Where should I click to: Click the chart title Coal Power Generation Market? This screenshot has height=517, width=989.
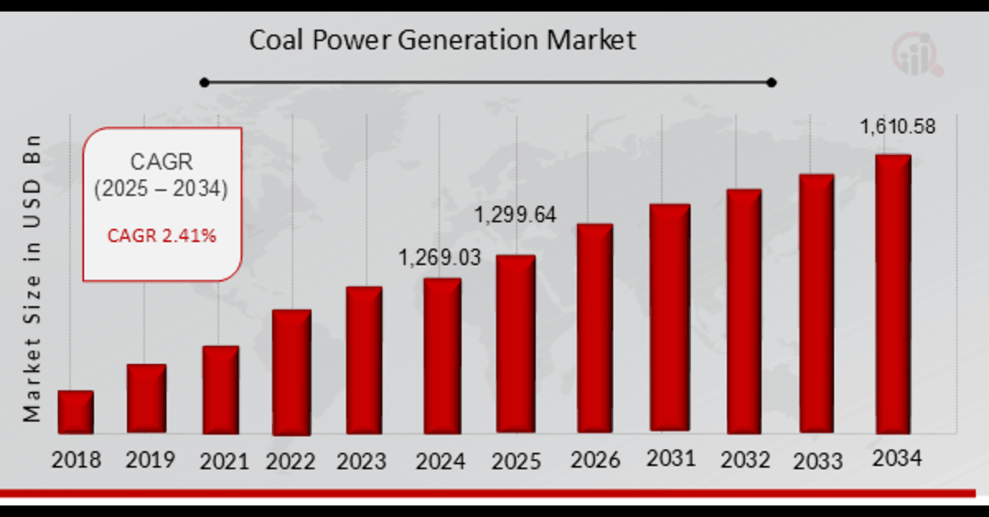443,40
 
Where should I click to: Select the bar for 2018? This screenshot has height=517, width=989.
76,412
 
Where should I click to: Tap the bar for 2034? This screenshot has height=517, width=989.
893,294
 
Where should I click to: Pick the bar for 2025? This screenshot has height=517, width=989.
515,344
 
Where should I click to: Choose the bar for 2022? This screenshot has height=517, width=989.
291,372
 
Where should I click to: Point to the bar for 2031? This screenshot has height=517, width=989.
669,317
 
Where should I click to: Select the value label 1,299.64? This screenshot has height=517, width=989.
515,216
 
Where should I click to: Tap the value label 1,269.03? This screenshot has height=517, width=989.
439,258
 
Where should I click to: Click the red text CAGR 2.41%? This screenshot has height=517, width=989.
162,236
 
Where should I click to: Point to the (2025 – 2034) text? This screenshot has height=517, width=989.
160,189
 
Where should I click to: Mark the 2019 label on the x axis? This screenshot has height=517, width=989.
151,459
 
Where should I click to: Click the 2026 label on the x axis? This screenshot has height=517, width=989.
595,459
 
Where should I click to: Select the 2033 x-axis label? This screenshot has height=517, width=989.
817,460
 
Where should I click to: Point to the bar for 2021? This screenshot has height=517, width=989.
221,389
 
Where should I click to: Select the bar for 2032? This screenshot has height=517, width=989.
743,311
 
